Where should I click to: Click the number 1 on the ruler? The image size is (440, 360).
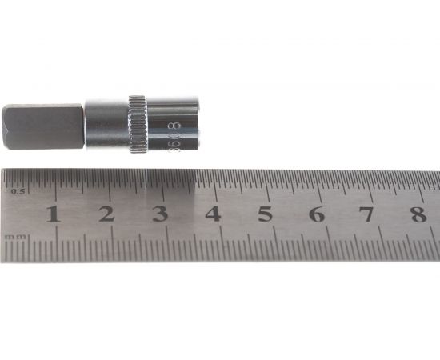pyautogui.click(x=53, y=214)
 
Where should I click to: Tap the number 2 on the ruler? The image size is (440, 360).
pyautogui.click(x=106, y=214)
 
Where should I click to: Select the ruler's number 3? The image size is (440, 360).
pyautogui.click(x=159, y=214)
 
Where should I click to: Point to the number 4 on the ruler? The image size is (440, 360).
pyautogui.click(x=213, y=214)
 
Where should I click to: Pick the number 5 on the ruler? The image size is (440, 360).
pyautogui.click(x=265, y=214)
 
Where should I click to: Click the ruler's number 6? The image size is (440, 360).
pyautogui.click(x=316, y=214)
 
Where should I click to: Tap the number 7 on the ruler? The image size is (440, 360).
pyautogui.click(x=366, y=214)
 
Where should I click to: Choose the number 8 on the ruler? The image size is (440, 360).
pyautogui.click(x=418, y=214)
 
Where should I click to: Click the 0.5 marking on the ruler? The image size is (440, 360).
pyautogui.click(x=18, y=190)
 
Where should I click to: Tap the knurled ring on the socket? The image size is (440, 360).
pyautogui.click(x=138, y=125)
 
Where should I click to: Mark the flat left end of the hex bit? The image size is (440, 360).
pyautogui.click(x=4, y=127)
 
